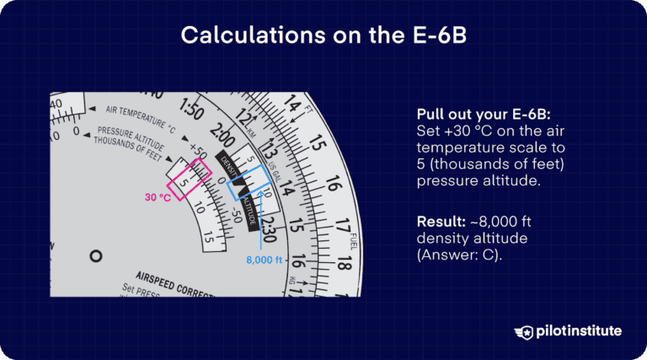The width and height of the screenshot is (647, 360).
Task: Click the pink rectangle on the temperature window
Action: pyautogui.click(x=189, y=179)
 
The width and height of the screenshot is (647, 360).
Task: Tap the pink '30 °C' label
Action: pyautogui.click(x=158, y=197)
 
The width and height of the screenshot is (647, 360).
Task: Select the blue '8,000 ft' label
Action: pyautogui.click(x=265, y=260)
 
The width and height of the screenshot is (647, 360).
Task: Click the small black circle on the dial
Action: pyautogui.click(x=96, y=255)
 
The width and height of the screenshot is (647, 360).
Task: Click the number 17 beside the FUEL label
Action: pyautogui.click(x=340, y=227)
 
